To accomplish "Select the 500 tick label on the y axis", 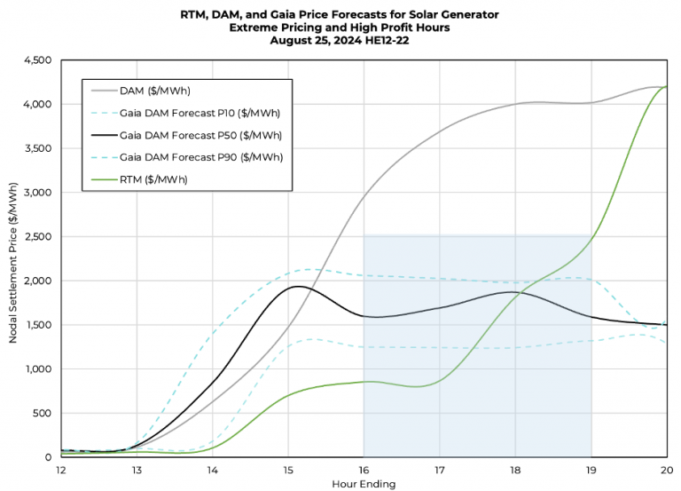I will click(x=43, y=414).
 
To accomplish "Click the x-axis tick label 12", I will click(x=60, y=469).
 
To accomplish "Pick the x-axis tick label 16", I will click(x=364, y=469).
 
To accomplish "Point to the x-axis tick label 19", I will click(x=591, y=469).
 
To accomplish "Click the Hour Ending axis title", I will click(x=363, y=484).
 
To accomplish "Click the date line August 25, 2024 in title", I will click(x=340, y=40).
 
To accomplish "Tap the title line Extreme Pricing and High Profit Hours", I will click(x=340, y=27).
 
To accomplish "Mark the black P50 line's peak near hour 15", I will click(x=298, y=286).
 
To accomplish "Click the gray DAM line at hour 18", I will click(x=515, y=104).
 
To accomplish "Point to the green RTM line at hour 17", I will click(x=440, y=380).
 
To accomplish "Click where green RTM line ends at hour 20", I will click(x=666, y=87).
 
